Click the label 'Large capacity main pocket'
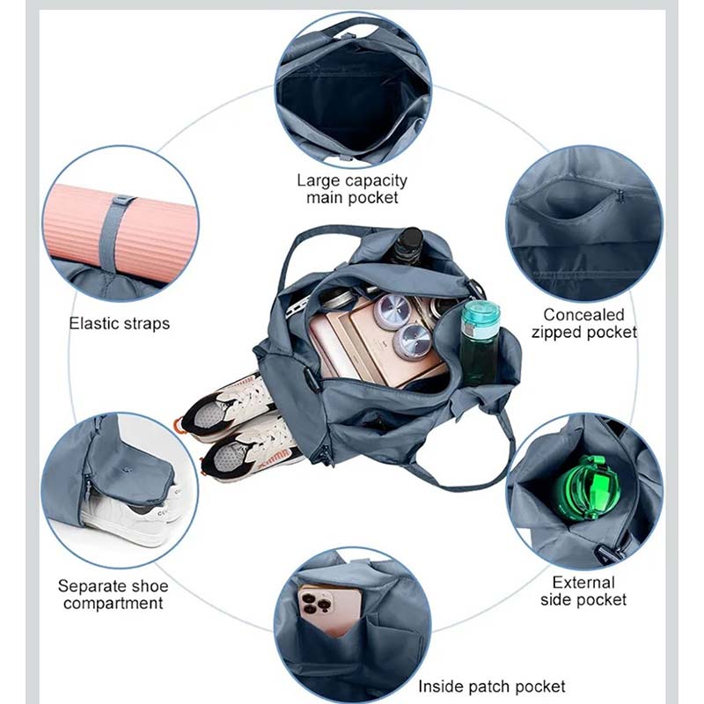pos(353,189)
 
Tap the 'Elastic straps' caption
pos(120,324)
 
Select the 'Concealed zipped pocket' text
pos(583,323)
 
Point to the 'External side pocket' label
pos(583,590)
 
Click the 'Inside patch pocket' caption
pos(492,686)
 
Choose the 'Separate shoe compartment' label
pos(114,595)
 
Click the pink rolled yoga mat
pos(122,229)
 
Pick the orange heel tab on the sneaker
pos(180,425)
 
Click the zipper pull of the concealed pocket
pos(620,196)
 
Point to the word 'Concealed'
pos(583,315)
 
